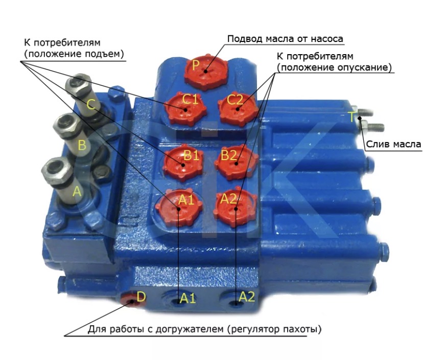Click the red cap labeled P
205,72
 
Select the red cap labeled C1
185,109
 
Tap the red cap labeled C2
238,109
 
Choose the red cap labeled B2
236,163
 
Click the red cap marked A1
178,208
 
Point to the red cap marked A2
236,208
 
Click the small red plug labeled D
132,300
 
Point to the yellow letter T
352,117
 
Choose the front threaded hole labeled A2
234,300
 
